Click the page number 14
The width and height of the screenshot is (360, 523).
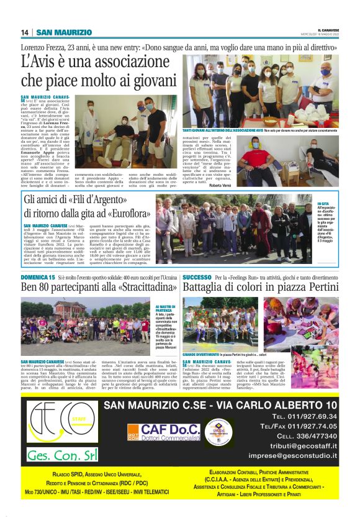[25, 32]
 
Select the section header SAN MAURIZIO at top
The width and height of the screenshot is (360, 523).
[65, 32]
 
